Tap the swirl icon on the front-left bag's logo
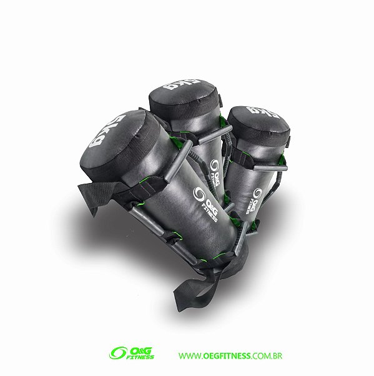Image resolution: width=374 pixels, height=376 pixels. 199,195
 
